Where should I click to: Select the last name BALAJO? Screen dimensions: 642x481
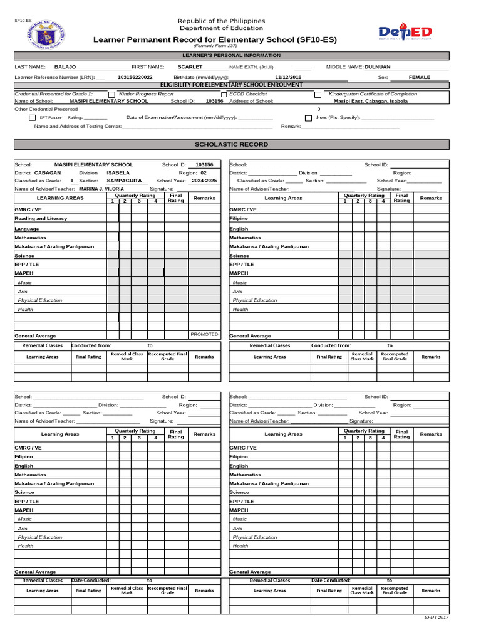65,66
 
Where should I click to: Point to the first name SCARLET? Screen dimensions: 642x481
190,66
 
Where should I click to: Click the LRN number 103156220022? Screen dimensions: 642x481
135,77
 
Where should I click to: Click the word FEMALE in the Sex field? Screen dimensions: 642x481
419,77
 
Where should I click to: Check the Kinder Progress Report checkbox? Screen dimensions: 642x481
112,94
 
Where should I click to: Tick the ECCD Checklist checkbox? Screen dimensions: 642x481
224,94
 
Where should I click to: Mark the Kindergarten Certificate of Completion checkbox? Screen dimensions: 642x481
318,94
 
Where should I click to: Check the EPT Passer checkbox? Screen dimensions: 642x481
33,117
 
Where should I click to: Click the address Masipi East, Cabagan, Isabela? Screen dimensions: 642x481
370,101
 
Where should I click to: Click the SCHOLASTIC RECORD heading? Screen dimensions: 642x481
232,144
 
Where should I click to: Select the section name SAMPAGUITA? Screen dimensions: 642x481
124,181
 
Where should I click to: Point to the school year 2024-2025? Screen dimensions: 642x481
204,181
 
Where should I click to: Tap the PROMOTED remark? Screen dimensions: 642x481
204,335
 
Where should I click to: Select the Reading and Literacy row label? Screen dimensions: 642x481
41,219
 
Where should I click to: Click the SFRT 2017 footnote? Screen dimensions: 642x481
437,618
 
